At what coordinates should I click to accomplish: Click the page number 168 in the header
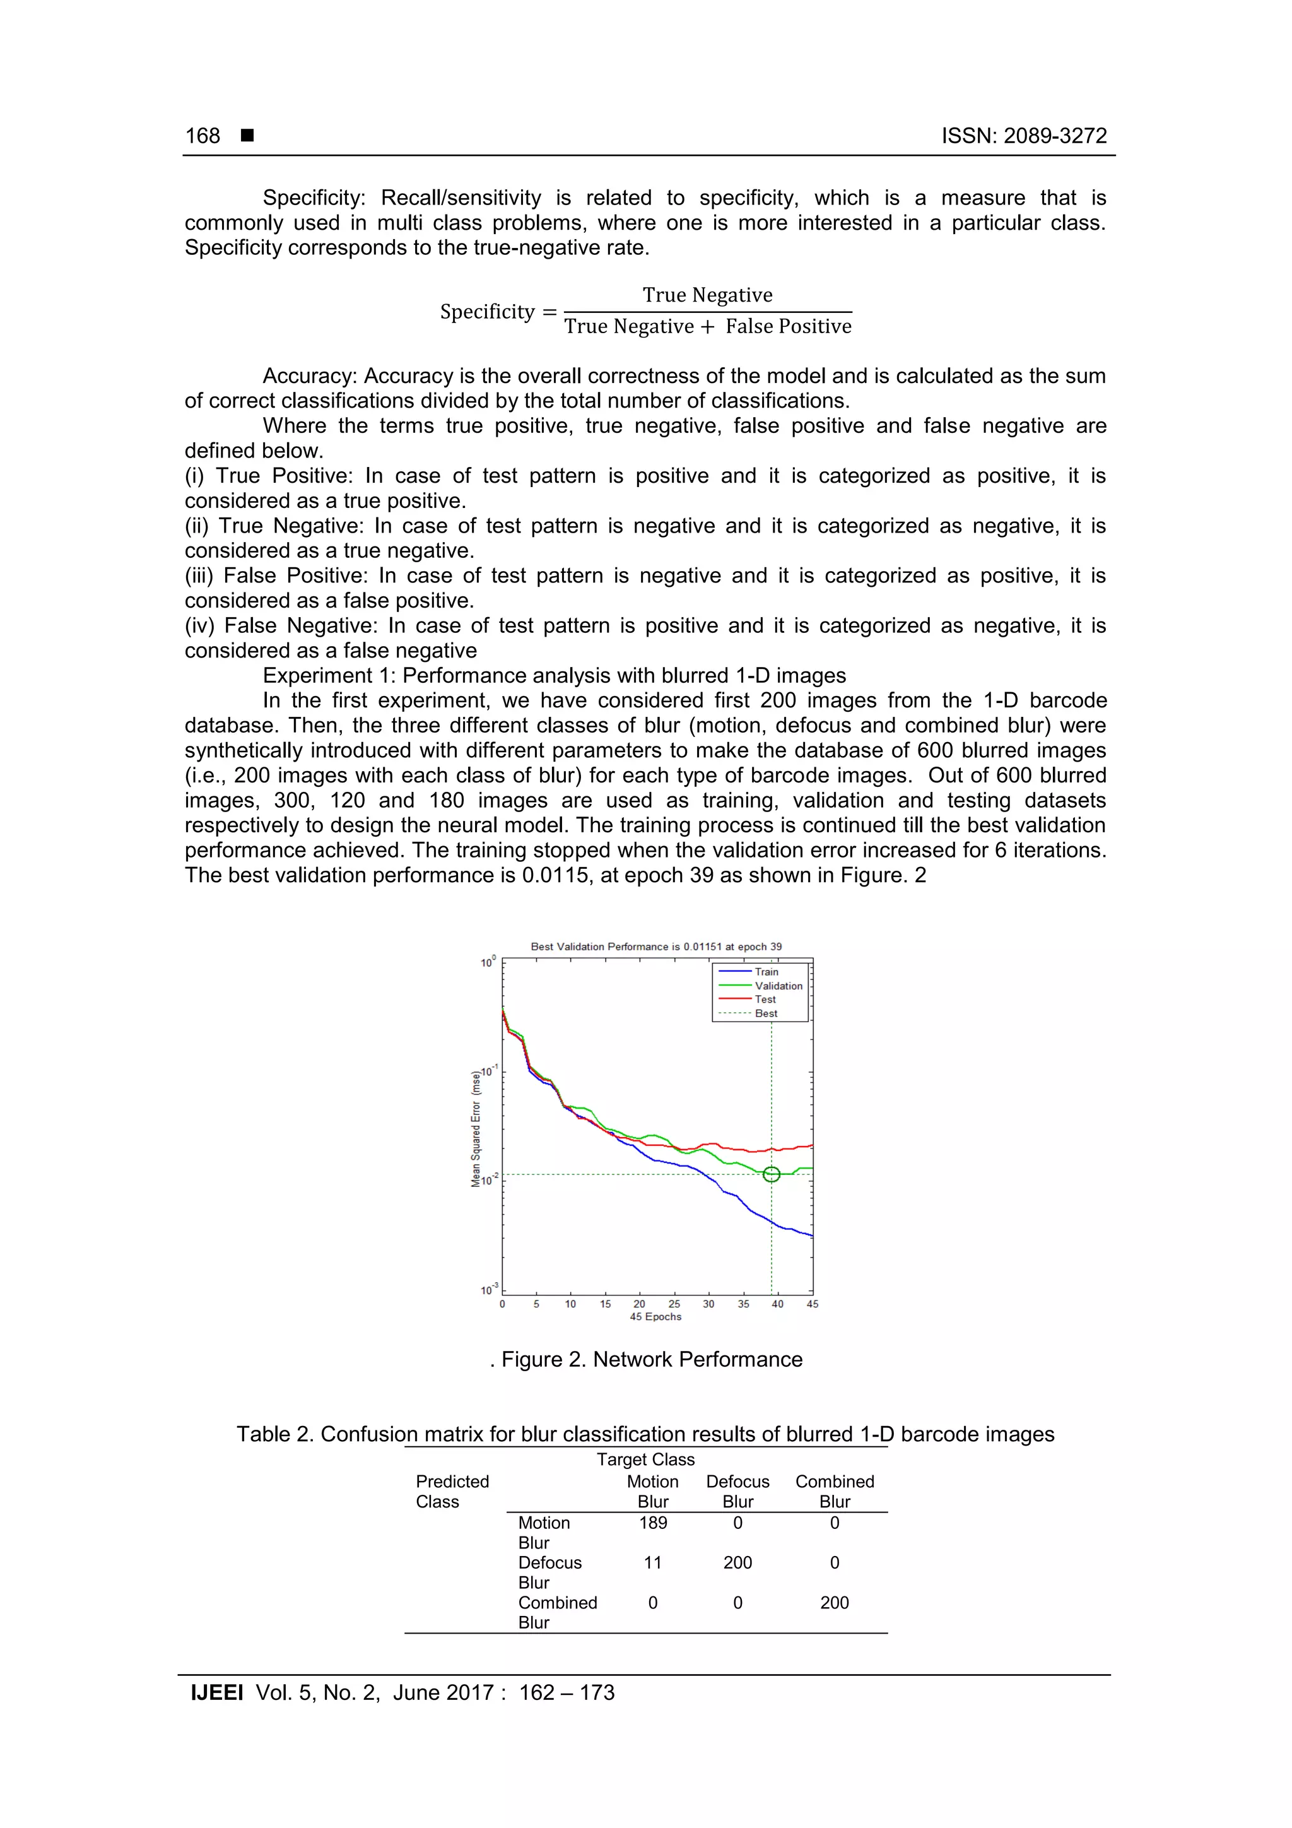coord(203,136)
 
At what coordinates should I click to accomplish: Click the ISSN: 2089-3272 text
coord(1024,136)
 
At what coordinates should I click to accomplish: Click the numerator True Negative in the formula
coord(707,295)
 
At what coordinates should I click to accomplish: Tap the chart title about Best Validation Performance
coord(656,946)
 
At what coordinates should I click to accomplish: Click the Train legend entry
coord(766,971)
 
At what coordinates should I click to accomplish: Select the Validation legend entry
coord(778,986)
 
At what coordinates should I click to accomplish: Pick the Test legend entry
coord(765,1000)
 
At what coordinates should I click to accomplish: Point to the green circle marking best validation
coord(770,1174)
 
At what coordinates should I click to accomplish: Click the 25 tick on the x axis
coord(674,1304)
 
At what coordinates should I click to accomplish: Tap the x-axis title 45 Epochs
coord(655,1317)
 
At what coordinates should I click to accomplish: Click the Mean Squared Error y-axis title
coord(476,1128)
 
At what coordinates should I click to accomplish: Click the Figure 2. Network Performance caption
coord(651,1359)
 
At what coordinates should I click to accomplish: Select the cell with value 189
coord(653,1523)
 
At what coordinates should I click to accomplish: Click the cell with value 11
coord(653,1563)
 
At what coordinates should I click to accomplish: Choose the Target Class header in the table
coord(645,1459)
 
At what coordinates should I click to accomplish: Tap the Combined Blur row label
coord(556,1612)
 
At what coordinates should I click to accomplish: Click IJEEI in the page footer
coord(216,1693)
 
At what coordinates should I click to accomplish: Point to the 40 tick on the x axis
coord(777,1304)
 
